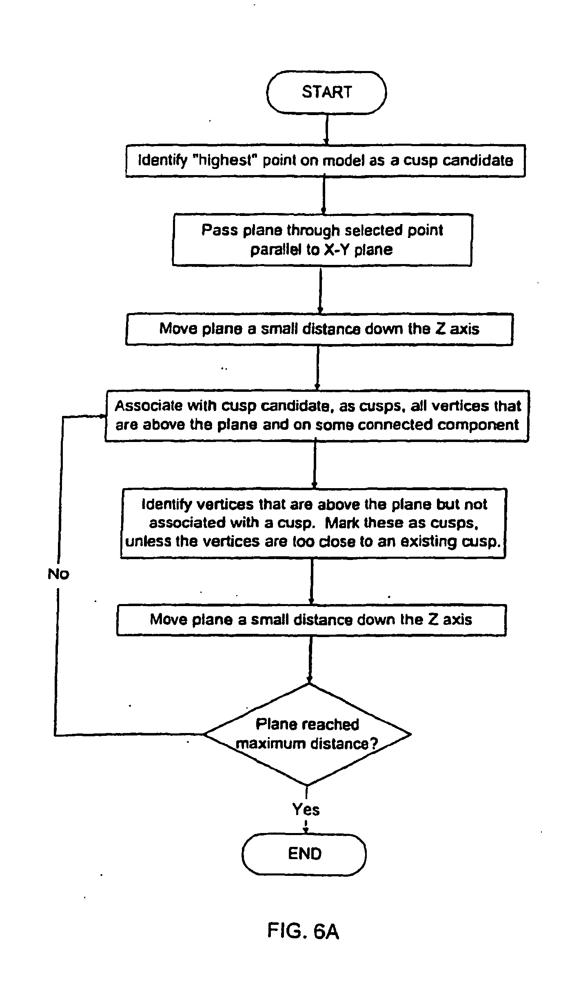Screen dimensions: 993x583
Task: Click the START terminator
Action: (326, 93)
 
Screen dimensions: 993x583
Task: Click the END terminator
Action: (304, 853)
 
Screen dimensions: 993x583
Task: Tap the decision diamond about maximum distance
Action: (307, 734)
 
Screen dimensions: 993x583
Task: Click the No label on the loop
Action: (58, 574)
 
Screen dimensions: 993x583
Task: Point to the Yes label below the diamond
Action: (306, 809)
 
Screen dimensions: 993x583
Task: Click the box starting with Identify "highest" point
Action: (325, 160)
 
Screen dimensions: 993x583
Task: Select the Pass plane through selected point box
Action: (322, 240)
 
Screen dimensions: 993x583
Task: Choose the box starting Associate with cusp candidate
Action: (317, 415)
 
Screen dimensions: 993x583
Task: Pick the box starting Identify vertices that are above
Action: (313, 523)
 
